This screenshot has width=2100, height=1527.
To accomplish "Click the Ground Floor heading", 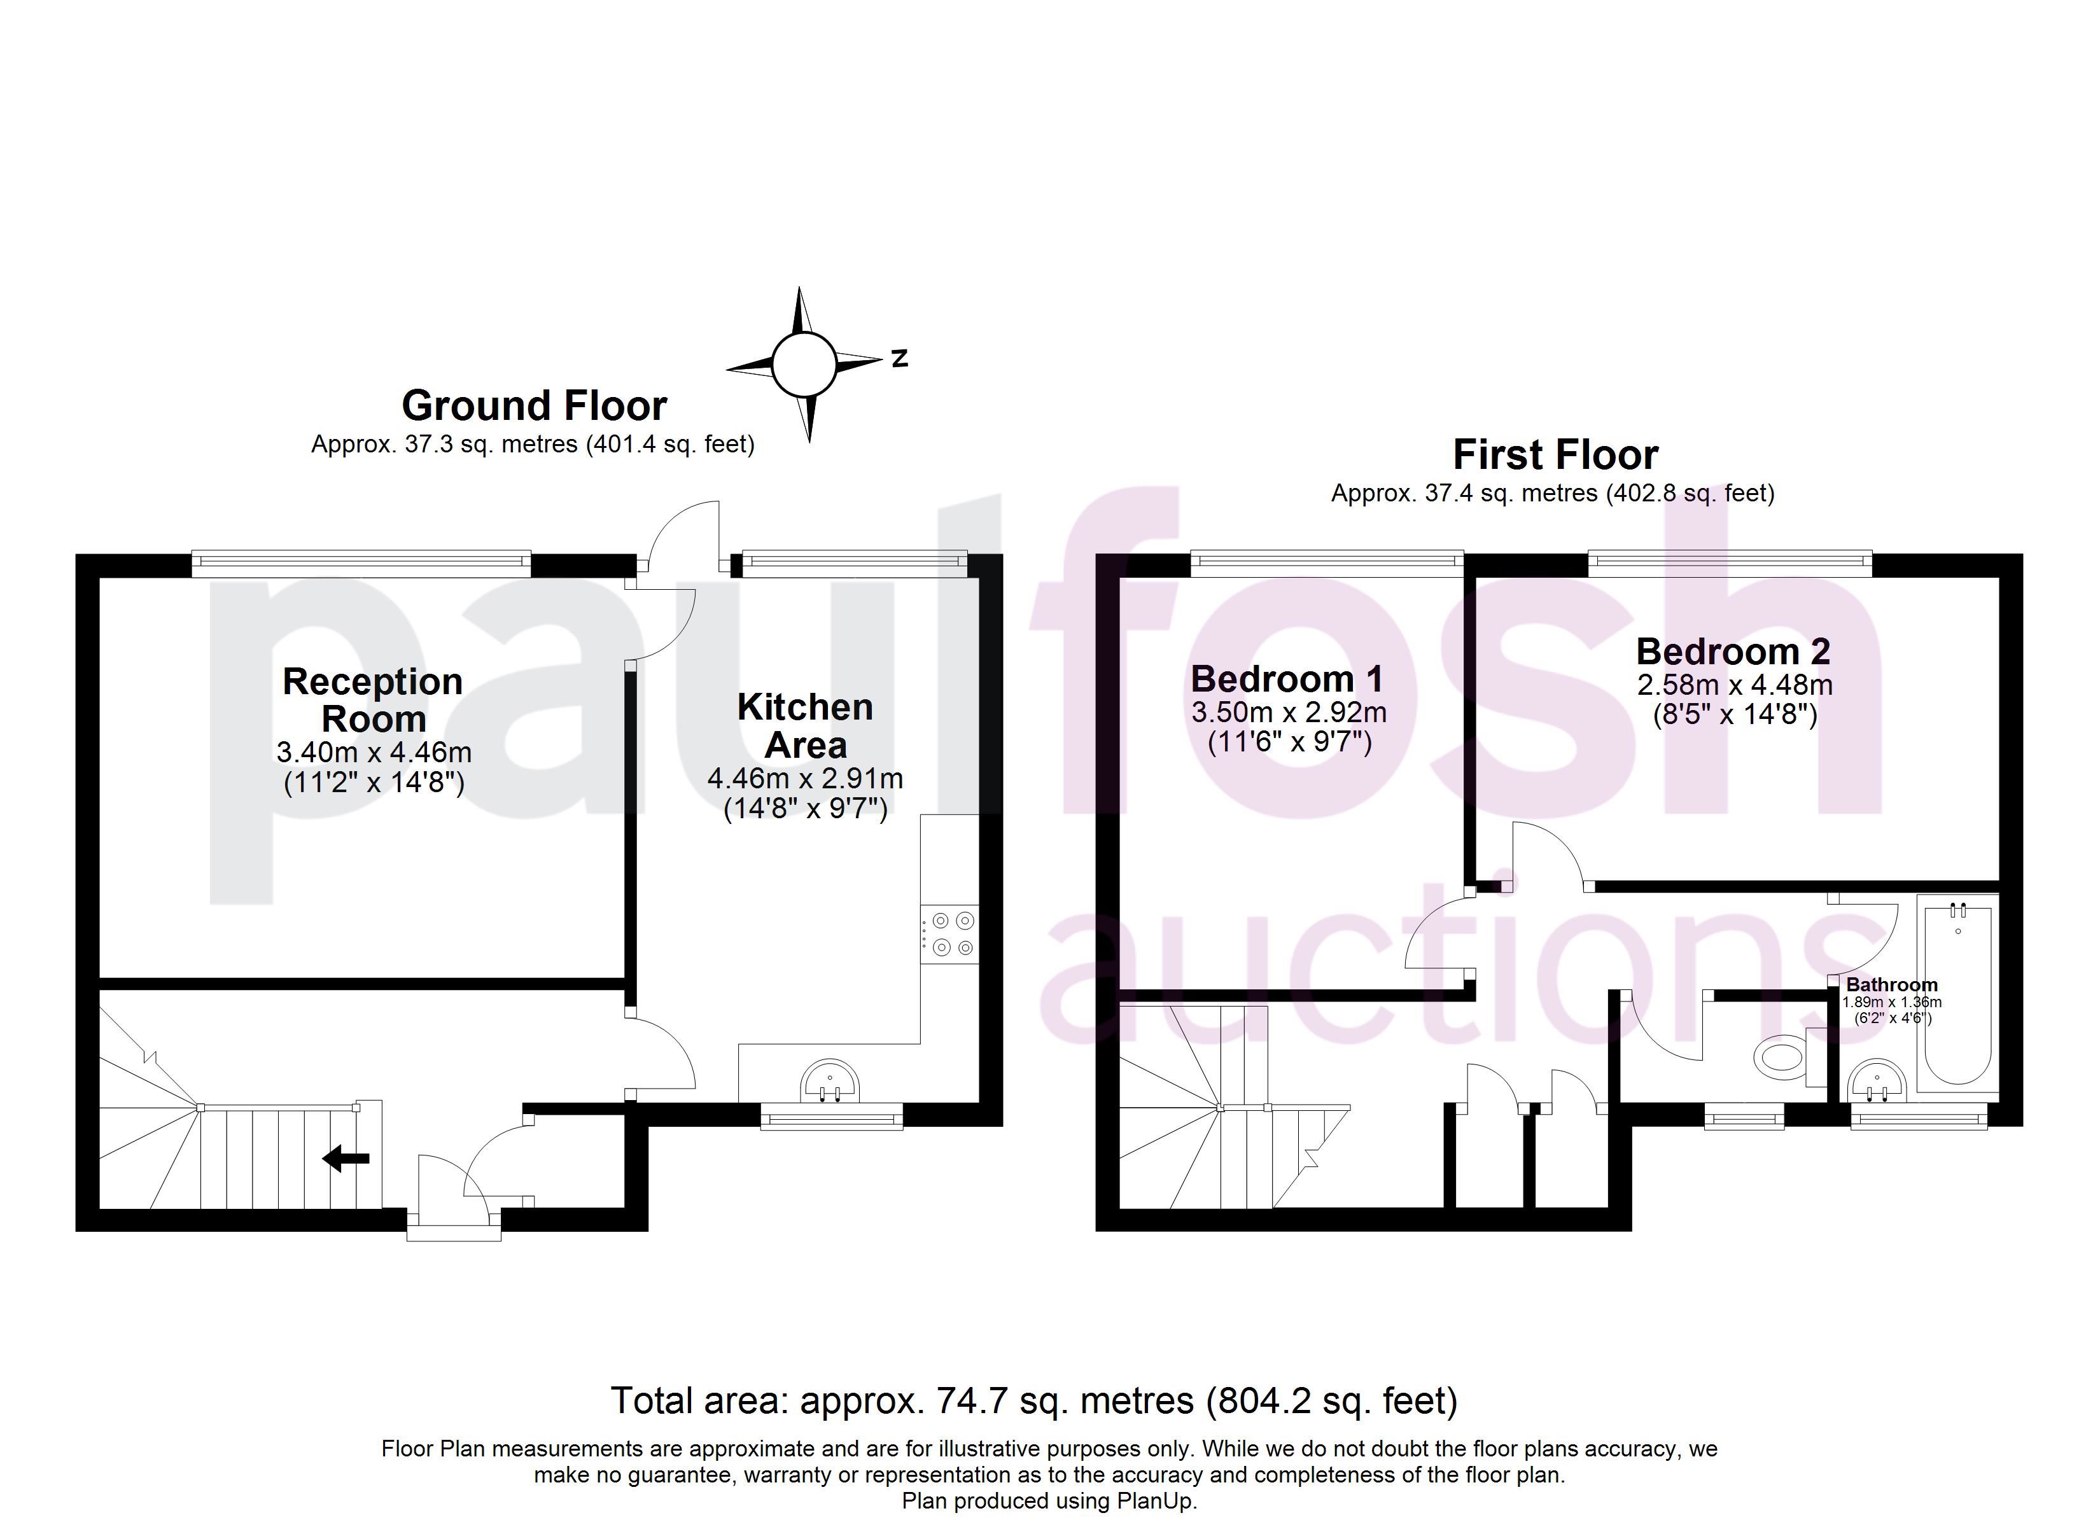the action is pos(535,405).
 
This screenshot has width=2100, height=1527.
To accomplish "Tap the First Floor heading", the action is pos(1555,455).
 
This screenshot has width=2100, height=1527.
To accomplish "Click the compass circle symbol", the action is pos(804,364).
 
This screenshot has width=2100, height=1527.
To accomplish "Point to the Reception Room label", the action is pos(373,700).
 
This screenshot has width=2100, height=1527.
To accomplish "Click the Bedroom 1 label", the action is pos(1287,679).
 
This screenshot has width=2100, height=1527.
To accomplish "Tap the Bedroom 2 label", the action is pos(1733,651).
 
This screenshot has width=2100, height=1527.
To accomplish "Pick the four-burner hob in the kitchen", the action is pos(951,933).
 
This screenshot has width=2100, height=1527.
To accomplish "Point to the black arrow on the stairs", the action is pos(346,1157).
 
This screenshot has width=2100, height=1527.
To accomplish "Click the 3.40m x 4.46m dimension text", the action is pos(374,752).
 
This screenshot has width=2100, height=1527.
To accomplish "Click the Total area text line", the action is pos(1034,1401).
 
